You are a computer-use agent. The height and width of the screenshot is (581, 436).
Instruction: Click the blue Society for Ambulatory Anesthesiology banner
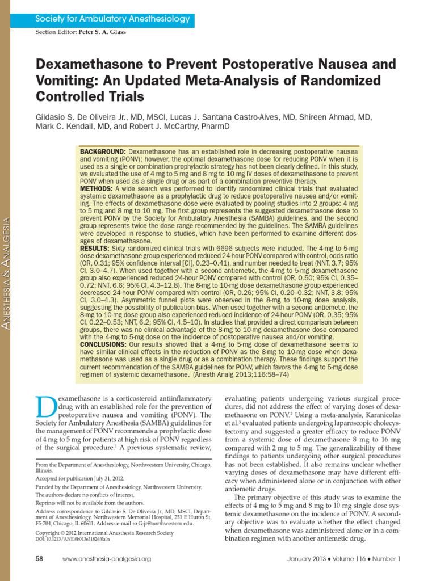112,19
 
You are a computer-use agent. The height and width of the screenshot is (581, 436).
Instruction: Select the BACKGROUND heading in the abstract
103,153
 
